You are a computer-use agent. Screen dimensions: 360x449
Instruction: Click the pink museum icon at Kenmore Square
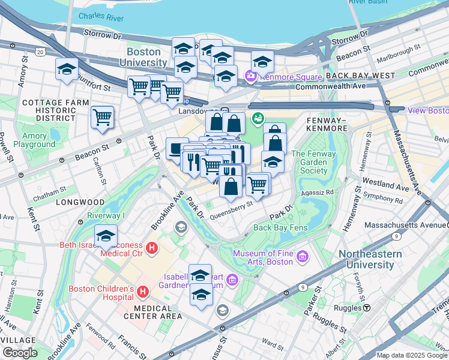pyautogui.click(x=250, y=76)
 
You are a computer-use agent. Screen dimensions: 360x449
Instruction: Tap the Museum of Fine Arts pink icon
pyautogui.click(x=302, y=257)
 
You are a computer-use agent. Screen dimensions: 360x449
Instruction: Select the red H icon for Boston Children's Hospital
pyautogui.click(x=143, y=292)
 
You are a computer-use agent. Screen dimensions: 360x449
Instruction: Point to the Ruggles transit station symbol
pyautogui.click(x=366, y=308)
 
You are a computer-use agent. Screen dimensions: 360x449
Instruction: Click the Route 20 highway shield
pyautogui.click(x=40, y=53)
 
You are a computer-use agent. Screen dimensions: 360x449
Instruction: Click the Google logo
pyautogui.click(x=19, y=353)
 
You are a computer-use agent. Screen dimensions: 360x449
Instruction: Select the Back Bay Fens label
pyautogui.click(x=280, y=227)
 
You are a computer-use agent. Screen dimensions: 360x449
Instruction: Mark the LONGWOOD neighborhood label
pyautogui.click(x=80, y=203)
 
